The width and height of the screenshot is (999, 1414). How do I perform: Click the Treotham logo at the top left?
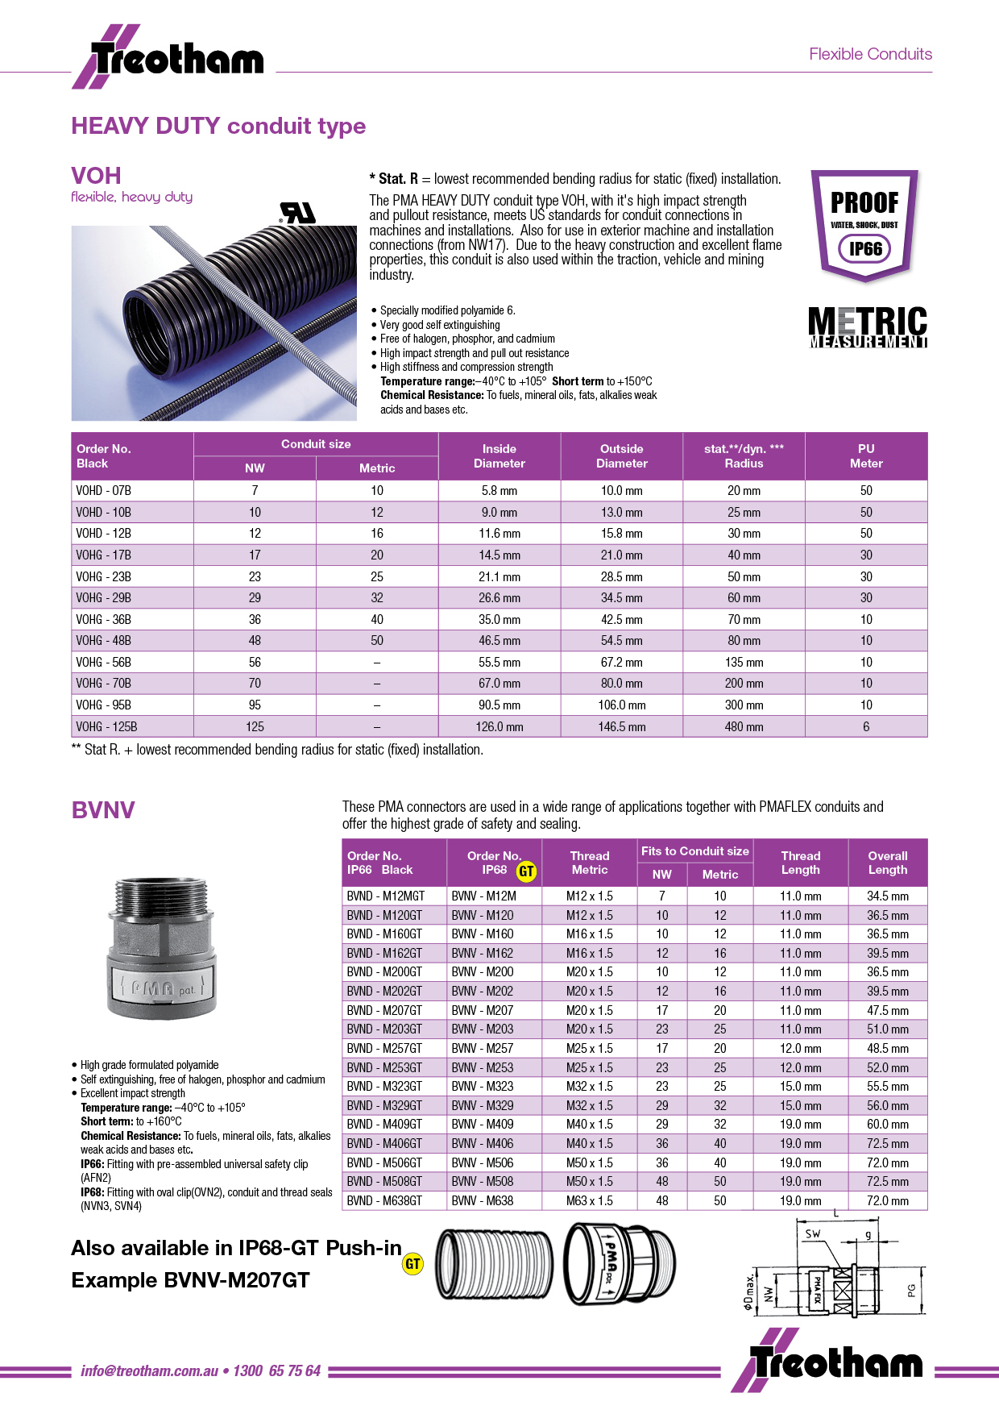(x=168, y=57)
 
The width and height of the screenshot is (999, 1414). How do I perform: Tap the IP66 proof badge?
(x=864, y=225)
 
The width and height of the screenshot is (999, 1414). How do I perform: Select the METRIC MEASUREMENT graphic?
(x=868, y=327)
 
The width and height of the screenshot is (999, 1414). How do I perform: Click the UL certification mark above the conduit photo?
(x=297, y=213)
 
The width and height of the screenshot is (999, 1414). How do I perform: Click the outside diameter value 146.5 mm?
(x=621, y=726)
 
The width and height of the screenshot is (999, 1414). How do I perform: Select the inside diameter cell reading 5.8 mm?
(x=499, y=490)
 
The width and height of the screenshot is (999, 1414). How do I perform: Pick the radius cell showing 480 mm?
(x=744, y=726)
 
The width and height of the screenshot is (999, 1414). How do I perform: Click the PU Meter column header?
(x=866, y=455)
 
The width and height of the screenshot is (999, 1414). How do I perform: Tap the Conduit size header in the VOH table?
(x=316, y=444)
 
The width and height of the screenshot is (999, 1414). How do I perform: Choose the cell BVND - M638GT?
(x=384, y=1200)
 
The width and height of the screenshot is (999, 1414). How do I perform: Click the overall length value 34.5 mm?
(x=887, y=896)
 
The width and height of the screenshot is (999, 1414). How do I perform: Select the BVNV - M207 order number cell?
(x=483, y=1010)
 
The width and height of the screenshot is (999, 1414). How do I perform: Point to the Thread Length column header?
(x=800, y=863)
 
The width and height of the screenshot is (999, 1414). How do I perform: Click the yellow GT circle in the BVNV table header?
(x=526, y=871)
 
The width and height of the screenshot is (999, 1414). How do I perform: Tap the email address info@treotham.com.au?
(x=150, y=1370)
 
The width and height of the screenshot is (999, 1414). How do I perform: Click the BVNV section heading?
(x=103, y=809)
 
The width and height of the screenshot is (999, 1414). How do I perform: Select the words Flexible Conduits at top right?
(x=870, y=54)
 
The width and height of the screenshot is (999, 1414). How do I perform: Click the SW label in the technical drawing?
(x=813, y=1234)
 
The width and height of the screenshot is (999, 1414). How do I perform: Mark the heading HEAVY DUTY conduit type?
(x=218, y=126)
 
